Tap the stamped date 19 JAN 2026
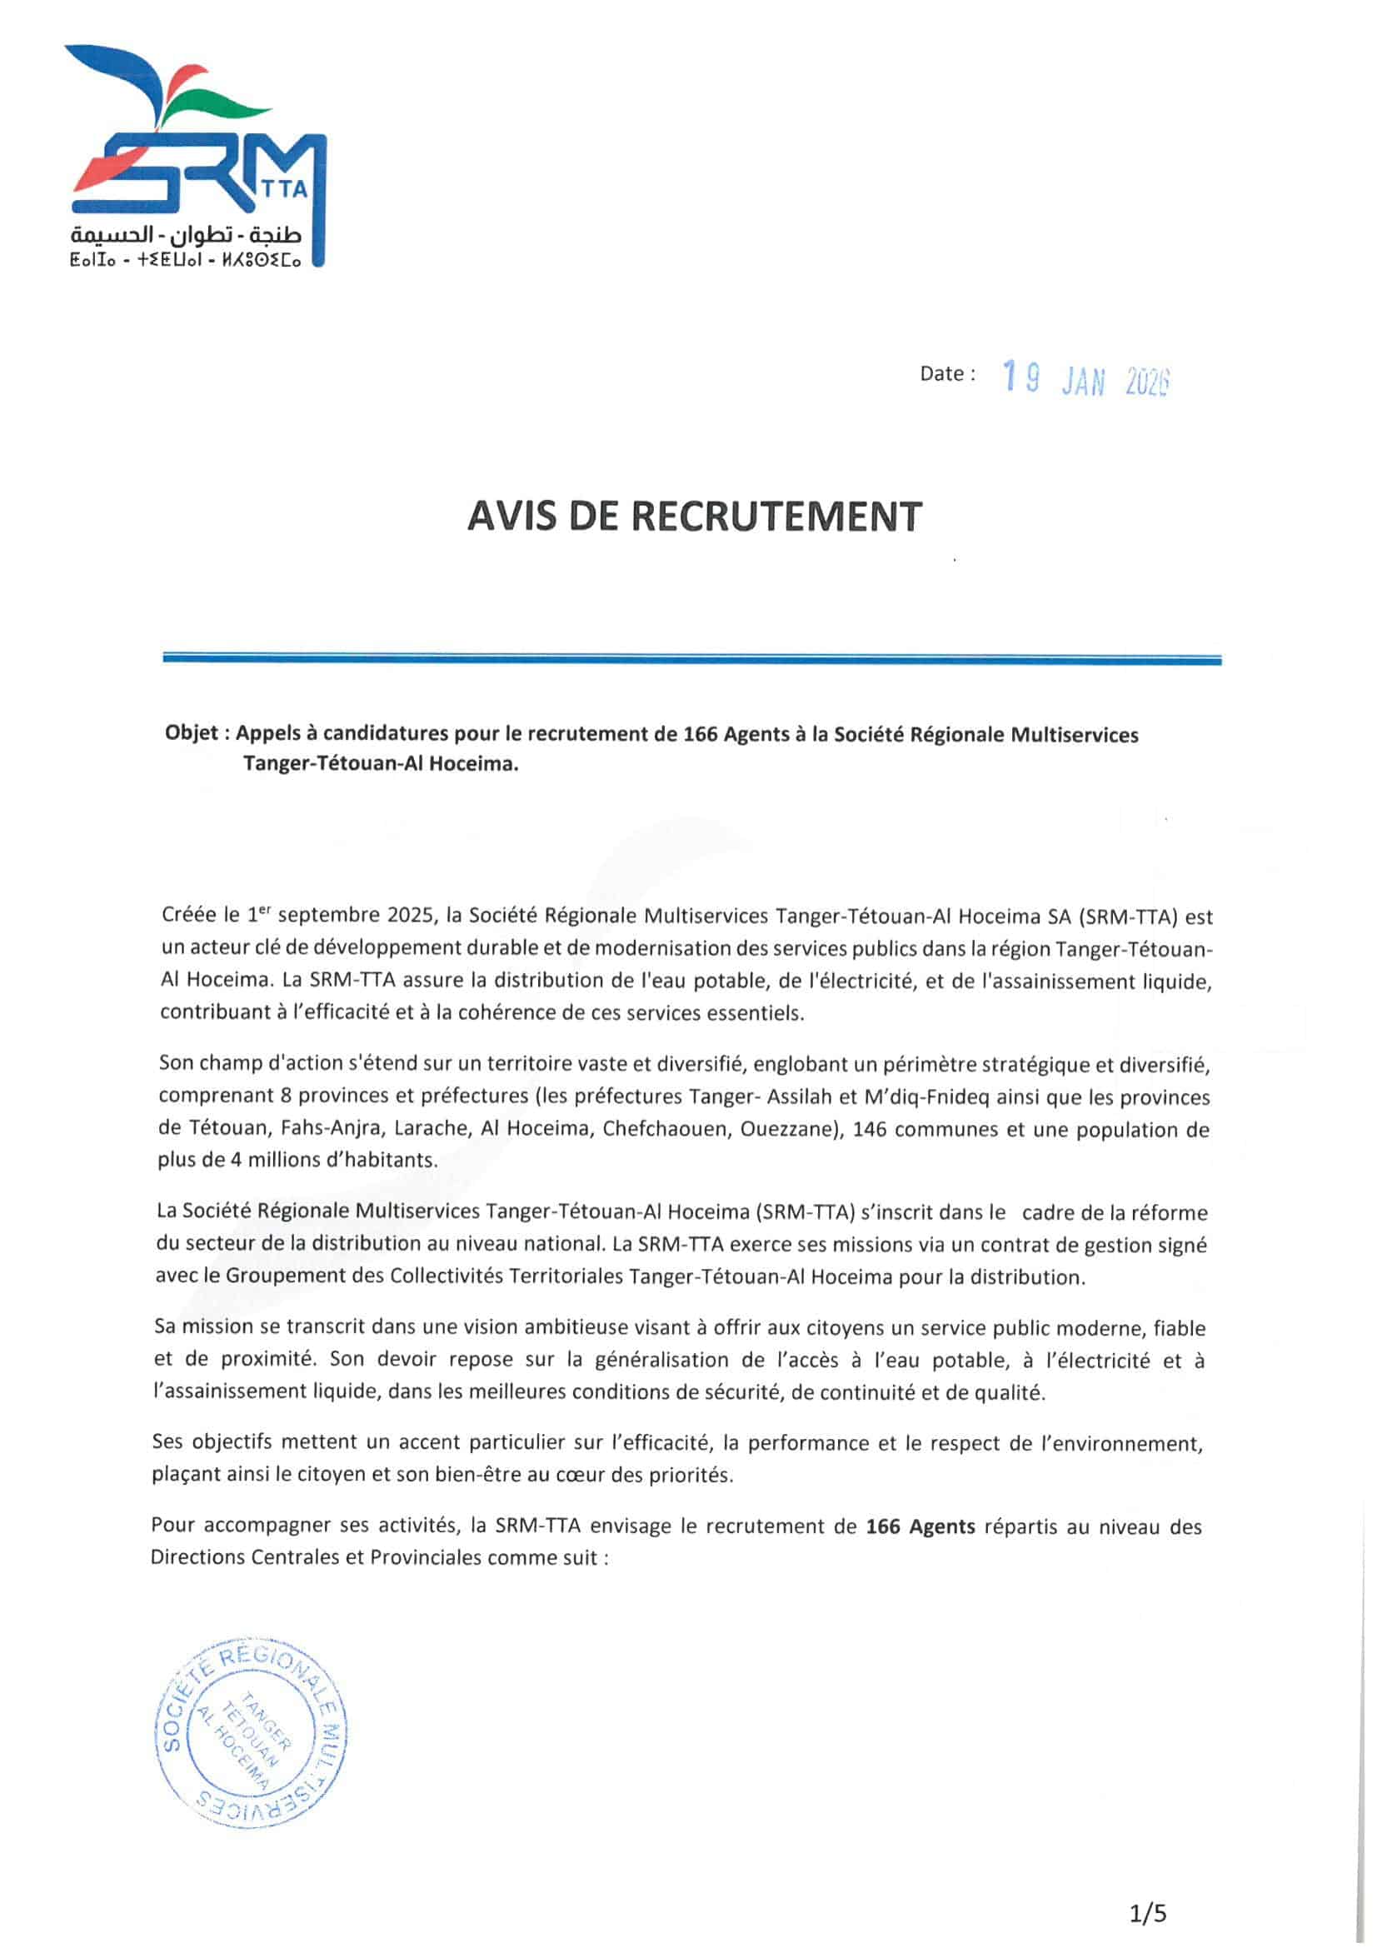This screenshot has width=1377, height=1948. point(1085,379)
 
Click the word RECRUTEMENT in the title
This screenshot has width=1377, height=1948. point(776,517)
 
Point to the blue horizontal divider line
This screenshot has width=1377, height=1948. point(691,659)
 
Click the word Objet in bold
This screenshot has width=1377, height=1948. point(191,733)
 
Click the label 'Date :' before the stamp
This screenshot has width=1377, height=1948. point(947,373)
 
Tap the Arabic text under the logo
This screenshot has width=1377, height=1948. point(186,233)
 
